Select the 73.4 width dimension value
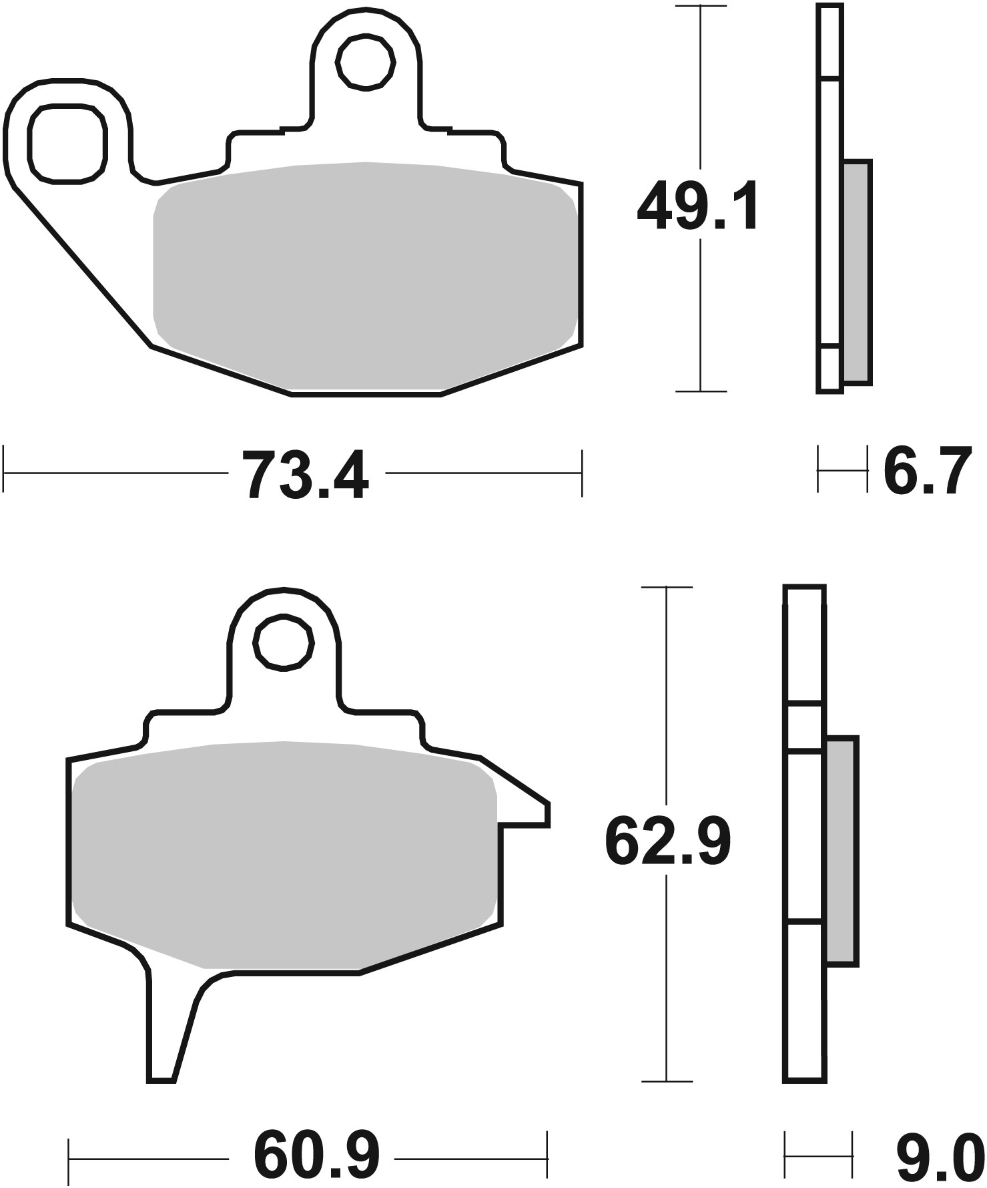click(305, 475)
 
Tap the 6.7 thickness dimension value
click(926, 472)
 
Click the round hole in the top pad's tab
click(366, 63)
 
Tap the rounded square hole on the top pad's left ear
click(67, 144)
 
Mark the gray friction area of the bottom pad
click(284, 855)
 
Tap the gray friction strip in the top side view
click(857, 272)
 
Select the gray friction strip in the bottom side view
click(842, 851)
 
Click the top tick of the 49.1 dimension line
click(700, 6)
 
